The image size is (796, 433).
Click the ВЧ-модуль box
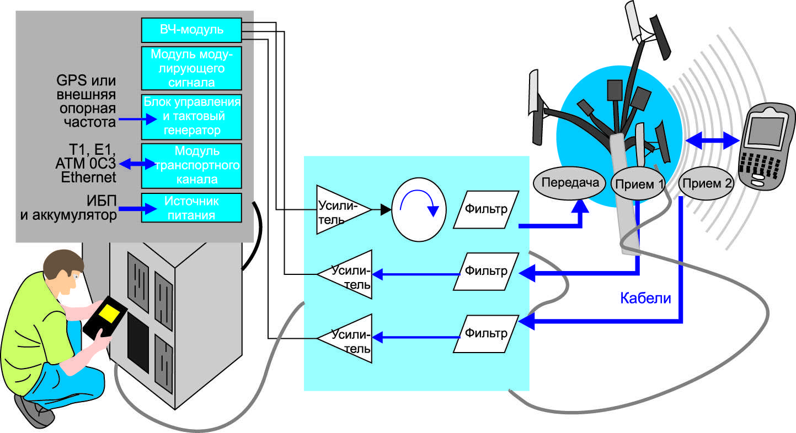191,30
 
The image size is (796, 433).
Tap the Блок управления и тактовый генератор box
191,116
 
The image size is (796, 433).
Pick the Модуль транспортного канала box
191,165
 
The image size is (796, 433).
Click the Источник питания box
191,208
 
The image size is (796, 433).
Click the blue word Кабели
645,298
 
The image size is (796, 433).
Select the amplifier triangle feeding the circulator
341,210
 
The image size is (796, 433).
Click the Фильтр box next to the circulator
486,209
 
